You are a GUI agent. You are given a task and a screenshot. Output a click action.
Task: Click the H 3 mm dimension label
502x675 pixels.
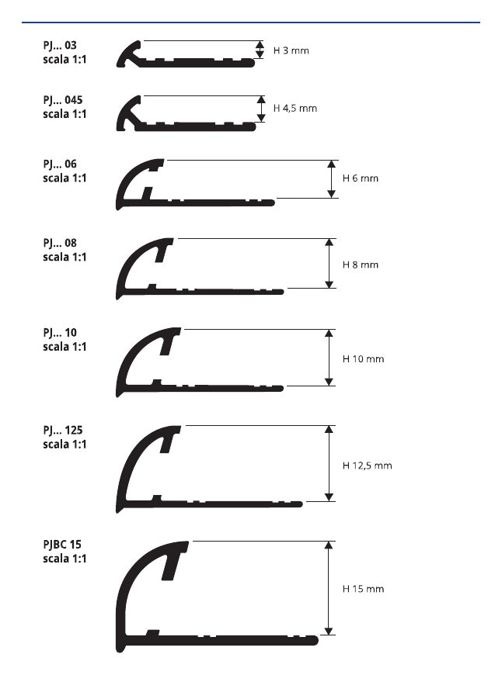pyautogui.click(x=291, y=50)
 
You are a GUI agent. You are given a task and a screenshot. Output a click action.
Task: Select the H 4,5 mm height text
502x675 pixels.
pyautogui.click(x=295, y=108)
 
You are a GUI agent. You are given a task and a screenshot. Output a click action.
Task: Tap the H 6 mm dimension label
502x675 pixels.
pyautogui.click(x=360, y=178)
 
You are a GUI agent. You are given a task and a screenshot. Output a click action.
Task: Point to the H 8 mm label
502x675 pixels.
pyautogui.click(x=360, y=265)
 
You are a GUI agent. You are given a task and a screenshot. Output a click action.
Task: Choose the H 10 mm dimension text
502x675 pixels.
pyautogui.click(x=363, y=359)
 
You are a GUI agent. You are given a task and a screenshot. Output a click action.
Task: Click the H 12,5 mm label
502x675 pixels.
pyautogui.click(x=367, y=466)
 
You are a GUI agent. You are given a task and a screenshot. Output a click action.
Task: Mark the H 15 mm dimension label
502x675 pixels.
pyautogui.click(x=363, y=589)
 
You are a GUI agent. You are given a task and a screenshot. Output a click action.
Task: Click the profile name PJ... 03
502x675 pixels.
pyautogui.click(x=60, y=45)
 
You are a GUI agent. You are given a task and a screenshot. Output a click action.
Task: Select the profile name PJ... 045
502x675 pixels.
pyautogui.click(x=62, y=100)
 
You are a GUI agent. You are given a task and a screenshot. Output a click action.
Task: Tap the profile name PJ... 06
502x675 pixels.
pyautogui.click(x=60, y=164)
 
